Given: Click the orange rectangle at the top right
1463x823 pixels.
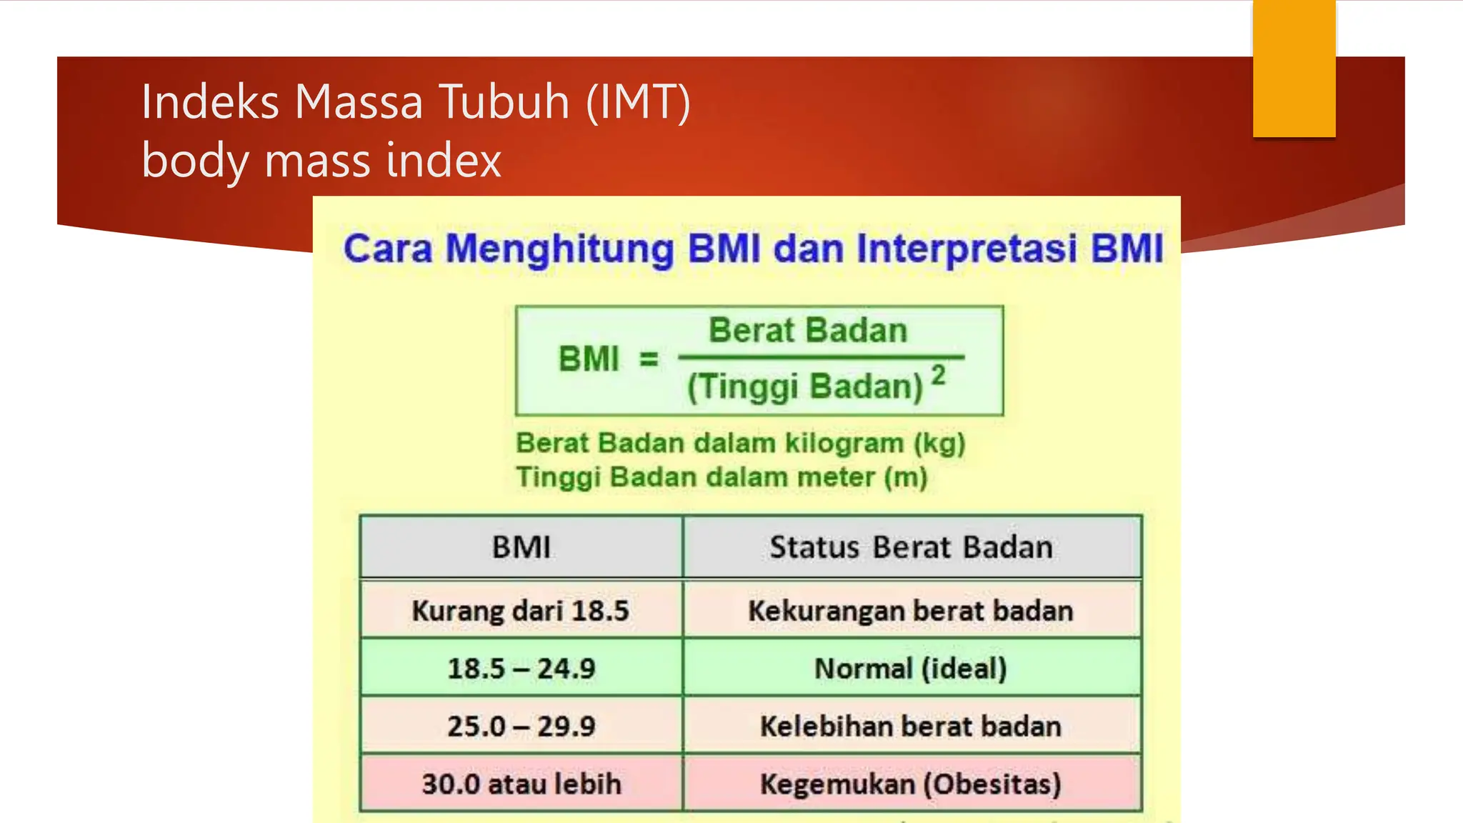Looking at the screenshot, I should pos(1294,69).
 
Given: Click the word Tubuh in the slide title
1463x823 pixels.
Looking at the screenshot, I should pos(504,101).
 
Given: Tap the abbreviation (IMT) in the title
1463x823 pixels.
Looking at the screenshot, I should pos(638,101).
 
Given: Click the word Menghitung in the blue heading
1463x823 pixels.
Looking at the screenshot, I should pos(559,249).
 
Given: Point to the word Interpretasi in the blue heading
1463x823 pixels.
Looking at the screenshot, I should pos(967,249).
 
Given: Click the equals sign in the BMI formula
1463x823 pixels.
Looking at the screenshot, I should pos(648,359).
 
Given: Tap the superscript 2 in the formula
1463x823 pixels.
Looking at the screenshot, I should pos(939,375).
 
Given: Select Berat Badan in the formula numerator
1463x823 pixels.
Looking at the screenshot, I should pos(807,331).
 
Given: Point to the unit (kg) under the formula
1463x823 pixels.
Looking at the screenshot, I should pos(939,443).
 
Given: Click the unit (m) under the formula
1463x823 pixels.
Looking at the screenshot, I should pos(905,477).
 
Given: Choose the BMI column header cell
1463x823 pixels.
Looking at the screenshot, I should pos(521,547).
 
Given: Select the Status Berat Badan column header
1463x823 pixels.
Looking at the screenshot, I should pos(911,547).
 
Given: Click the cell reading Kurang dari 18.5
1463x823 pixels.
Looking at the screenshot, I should pos(521,611).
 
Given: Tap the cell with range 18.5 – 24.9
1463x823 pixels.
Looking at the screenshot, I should pos(521,669).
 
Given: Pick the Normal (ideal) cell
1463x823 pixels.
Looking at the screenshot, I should pos(911,669).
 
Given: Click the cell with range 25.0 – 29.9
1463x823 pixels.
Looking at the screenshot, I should pos(521,727).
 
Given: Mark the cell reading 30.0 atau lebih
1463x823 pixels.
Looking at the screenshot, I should pos(521,784).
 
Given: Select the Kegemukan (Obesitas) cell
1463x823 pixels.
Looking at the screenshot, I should pos(911,784).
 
